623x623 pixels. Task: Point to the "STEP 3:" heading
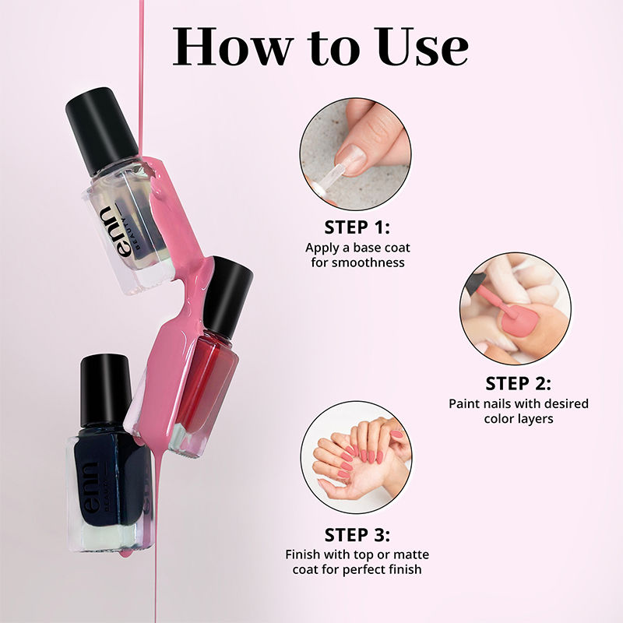[357, 535]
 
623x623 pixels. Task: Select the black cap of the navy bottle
[104, 390]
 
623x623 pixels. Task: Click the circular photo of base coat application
[356, 153]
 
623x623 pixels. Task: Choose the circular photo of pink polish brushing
[516, 308]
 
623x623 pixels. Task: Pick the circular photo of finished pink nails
[357, 457]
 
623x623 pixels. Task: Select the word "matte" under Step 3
[409, 554]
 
